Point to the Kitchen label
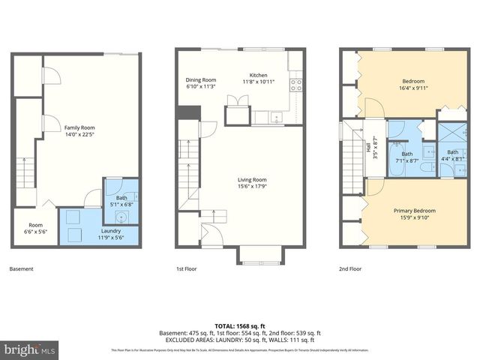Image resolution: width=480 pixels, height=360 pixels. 259,75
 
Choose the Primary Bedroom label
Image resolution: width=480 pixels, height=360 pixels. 415,211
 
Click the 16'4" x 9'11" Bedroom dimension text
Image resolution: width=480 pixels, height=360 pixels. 413,88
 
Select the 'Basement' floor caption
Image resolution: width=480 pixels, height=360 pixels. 21,268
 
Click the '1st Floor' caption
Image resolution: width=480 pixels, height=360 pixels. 186,268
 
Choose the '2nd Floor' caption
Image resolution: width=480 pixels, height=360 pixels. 350,268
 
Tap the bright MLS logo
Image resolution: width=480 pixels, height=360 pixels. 30,349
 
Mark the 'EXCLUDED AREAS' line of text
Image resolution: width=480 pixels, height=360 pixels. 240,339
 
